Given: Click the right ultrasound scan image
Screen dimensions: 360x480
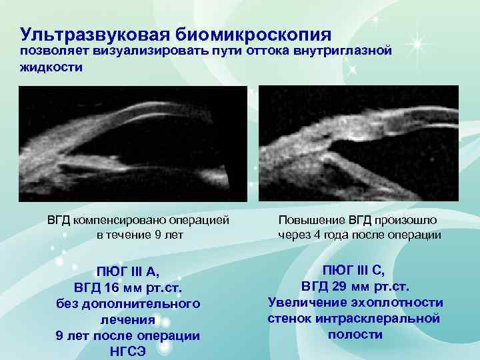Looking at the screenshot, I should [x=358, y=143].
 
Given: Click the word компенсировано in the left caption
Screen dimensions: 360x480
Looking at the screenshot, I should [x=127, y=220].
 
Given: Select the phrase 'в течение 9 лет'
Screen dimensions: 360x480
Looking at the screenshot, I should [x=140, y=235].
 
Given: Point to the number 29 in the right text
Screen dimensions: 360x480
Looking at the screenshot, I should [x=327, y=286].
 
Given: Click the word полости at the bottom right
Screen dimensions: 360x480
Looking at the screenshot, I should [x=355, y=334].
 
